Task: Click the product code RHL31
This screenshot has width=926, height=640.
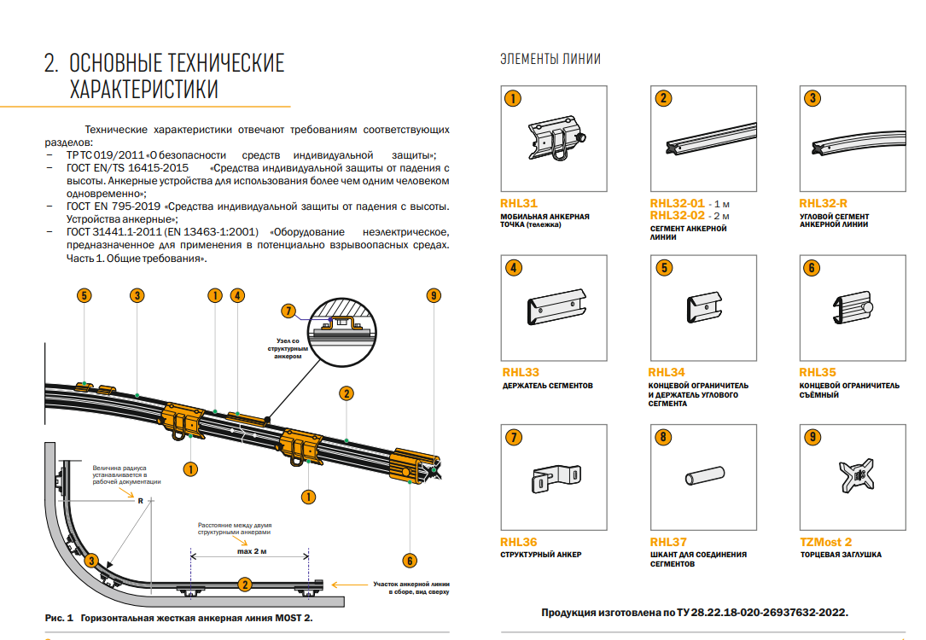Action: pyautogui.click(x=519, y=204)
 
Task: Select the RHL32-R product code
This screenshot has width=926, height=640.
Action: pyautogui.click(x=823, y=204)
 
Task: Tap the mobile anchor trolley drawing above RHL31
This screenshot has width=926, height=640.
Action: pyautogui.click(x=557, y=138)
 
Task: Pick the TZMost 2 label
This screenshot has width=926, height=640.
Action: pyautogui.click(x=825, y=542)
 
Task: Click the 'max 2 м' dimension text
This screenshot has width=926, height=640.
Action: pyautogui.click(x=247, y=552)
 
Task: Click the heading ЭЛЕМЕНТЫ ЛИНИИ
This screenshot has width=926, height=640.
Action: pyautogui.click(x=550, y=60)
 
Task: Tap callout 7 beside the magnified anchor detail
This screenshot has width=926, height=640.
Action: pyautogui.click(x=288, y=311)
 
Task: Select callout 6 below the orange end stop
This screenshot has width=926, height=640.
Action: pyautogui.click(x=410, y=561)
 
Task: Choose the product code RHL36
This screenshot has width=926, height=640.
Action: pyautogui.click(x=519, y=542)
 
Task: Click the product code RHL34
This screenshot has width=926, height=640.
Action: pyautogui.click(x=667, y=373)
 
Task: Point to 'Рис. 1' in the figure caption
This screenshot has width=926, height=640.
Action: pyautogui.click(x=60, y=616)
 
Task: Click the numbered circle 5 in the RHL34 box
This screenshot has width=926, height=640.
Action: pyautogui.click(x=663, y=268)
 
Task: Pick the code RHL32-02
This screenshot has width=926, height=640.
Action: pyautogui.click(x=677, y=216)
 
